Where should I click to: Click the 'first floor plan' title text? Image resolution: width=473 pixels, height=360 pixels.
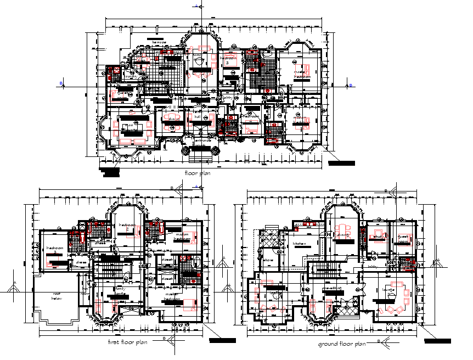[127, 342]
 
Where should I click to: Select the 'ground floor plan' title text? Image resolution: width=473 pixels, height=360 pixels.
[341, 344]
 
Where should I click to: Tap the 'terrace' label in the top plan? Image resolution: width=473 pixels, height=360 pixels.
[159, 42]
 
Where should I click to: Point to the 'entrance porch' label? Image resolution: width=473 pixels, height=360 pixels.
[202, 141]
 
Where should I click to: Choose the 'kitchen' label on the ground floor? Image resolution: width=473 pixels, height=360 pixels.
[299, 243]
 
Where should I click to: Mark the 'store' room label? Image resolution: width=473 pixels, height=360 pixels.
[269, 260]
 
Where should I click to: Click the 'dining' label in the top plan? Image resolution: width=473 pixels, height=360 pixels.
[172, 119]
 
